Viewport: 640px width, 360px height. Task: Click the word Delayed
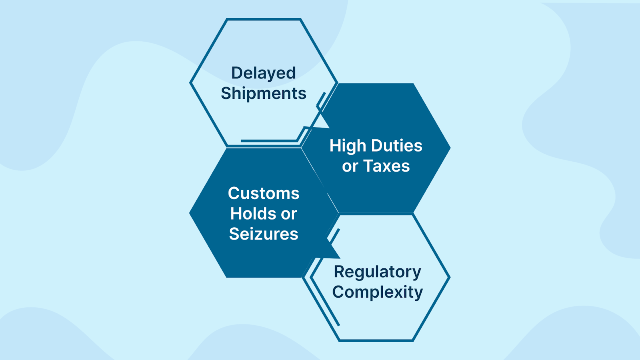coord(264,74)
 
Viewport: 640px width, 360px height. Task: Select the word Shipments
coord(264,94)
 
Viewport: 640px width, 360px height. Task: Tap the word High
coord(348,146)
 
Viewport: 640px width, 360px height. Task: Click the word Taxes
coord(386,166)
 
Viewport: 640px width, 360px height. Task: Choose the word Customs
coord(264,194)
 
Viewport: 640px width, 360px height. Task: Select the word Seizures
coord(264,234)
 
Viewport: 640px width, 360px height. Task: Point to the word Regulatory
coord(378,272)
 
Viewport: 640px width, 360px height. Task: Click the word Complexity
coord(378,292)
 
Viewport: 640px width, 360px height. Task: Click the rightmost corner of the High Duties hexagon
coord(450,148)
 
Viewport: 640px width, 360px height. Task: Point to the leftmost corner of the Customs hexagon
coord(190,213)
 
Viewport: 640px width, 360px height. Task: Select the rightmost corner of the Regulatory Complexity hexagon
coord(450,278)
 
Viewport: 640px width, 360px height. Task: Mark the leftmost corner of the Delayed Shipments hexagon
coord(190,83)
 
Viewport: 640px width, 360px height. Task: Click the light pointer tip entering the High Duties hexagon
coord(330,128)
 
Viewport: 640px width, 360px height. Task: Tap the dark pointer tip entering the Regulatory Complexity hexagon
coord(340,258)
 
